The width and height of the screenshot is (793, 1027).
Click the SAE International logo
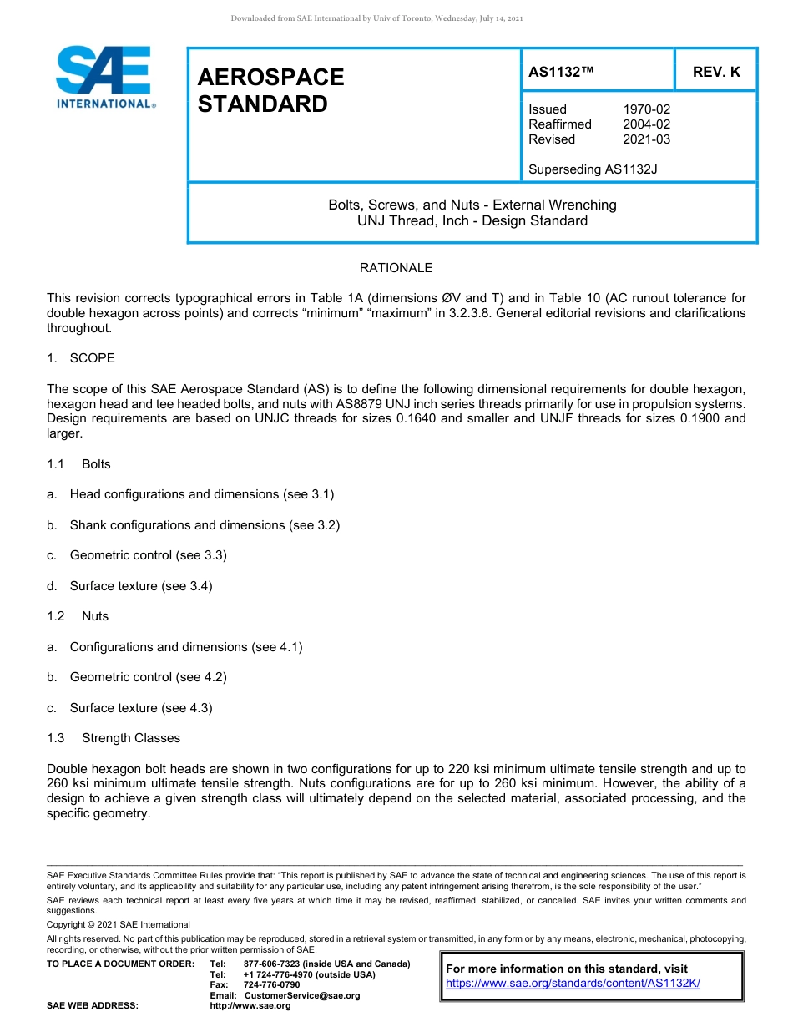point(104,77)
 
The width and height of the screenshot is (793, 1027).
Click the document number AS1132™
point(561,72)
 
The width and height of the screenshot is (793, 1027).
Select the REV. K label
point(715,72)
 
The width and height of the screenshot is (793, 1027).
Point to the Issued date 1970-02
point(646,109)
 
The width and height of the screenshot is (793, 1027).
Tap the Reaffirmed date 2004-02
point(646,124)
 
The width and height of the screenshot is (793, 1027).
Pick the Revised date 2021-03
point(646,139)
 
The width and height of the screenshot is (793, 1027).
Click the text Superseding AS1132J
point(593,169)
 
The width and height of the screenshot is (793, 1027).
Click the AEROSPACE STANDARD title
point(270,90)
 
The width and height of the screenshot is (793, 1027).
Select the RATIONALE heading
point(396,268)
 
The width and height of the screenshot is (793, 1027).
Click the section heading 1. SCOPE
point(81,358)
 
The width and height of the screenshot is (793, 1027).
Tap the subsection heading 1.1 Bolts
point(79,464)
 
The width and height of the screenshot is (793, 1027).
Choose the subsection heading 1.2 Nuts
point(78,616)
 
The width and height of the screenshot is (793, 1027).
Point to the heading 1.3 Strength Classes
point(114,738)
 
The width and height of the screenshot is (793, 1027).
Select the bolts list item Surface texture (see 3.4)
point(141,586)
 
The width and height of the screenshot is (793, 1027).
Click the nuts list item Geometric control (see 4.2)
point(148,677)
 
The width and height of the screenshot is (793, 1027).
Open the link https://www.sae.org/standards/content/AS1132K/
point(573,984)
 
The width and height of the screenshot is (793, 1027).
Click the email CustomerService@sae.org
point(301,995)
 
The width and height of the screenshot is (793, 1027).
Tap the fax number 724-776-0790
point(271,984)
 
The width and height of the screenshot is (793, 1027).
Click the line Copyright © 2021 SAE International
point(119,924)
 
